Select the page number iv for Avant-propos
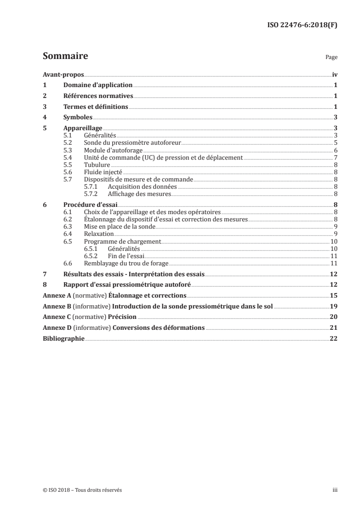click(x=334, y=75)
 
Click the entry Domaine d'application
click(x=98, y=85)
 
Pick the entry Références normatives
click(x=98, y=96)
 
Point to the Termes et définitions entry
click(x=96, y=107)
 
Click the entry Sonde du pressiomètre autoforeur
click(x=133, y=142)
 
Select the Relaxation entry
click(x=98, y=234)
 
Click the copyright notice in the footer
click(x=82, y=490)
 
